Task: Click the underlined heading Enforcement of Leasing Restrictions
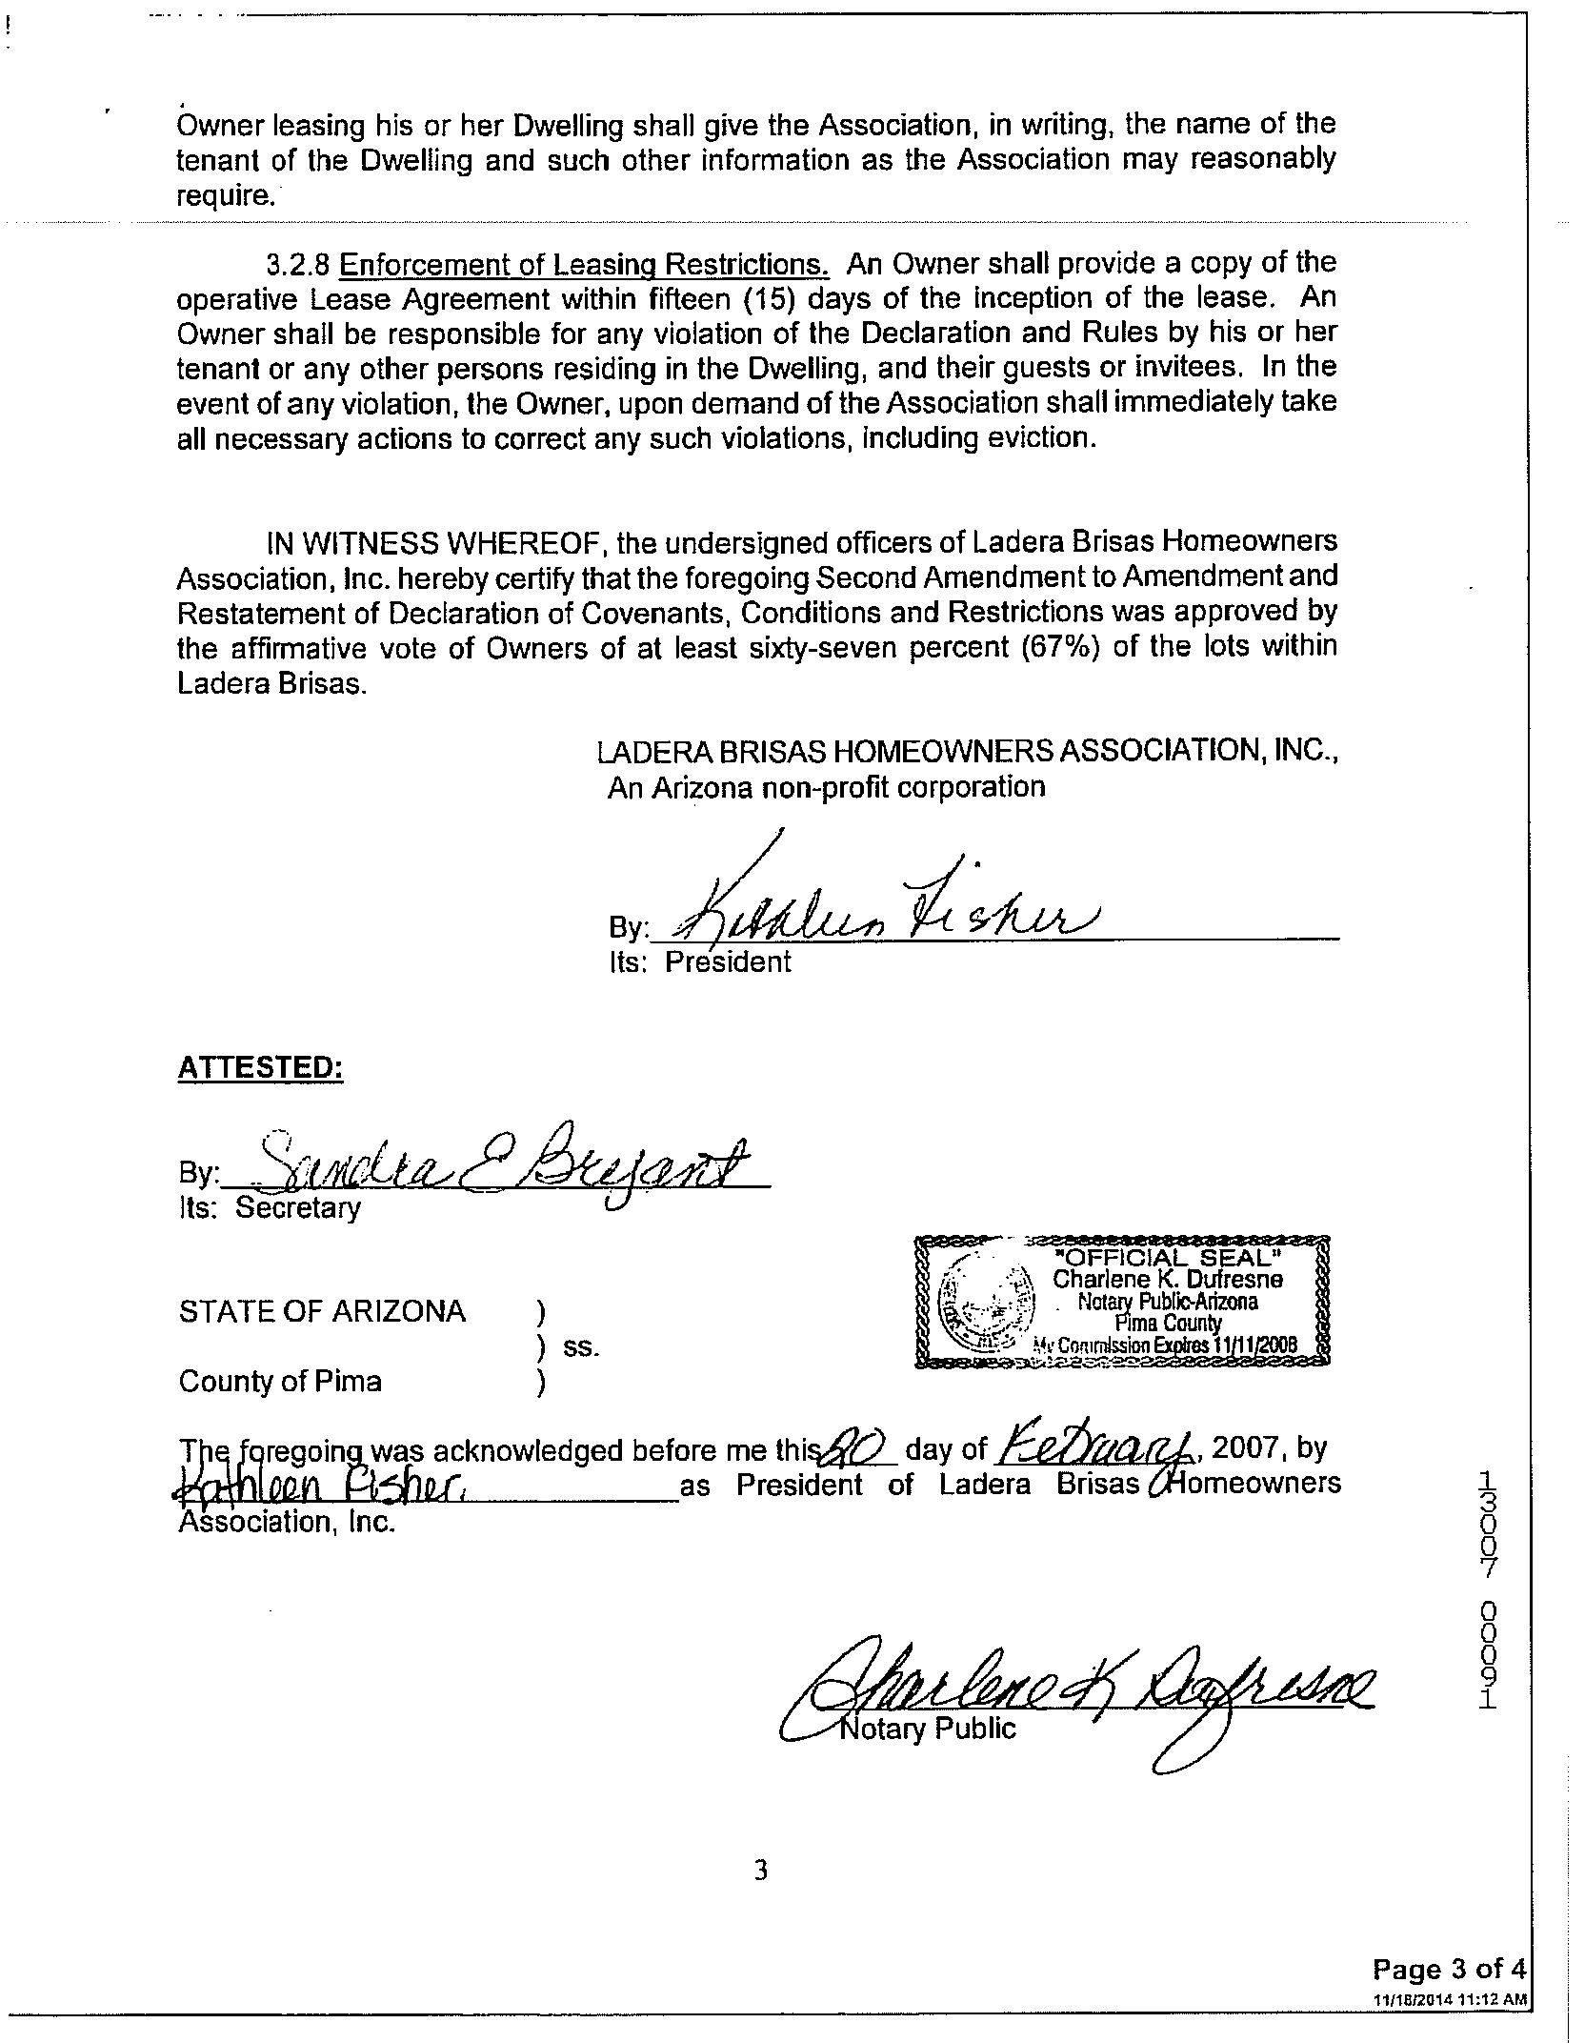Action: coord(584,264)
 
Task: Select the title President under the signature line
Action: coord(728,961)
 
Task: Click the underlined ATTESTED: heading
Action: coord(260,1068)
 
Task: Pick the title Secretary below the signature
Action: coord(298,1207)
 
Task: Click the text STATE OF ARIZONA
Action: coord(322,1311)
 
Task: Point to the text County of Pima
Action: coord(280,1381)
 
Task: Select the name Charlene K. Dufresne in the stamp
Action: coord(1167,1279)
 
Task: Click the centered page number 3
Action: coord(761,1871)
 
